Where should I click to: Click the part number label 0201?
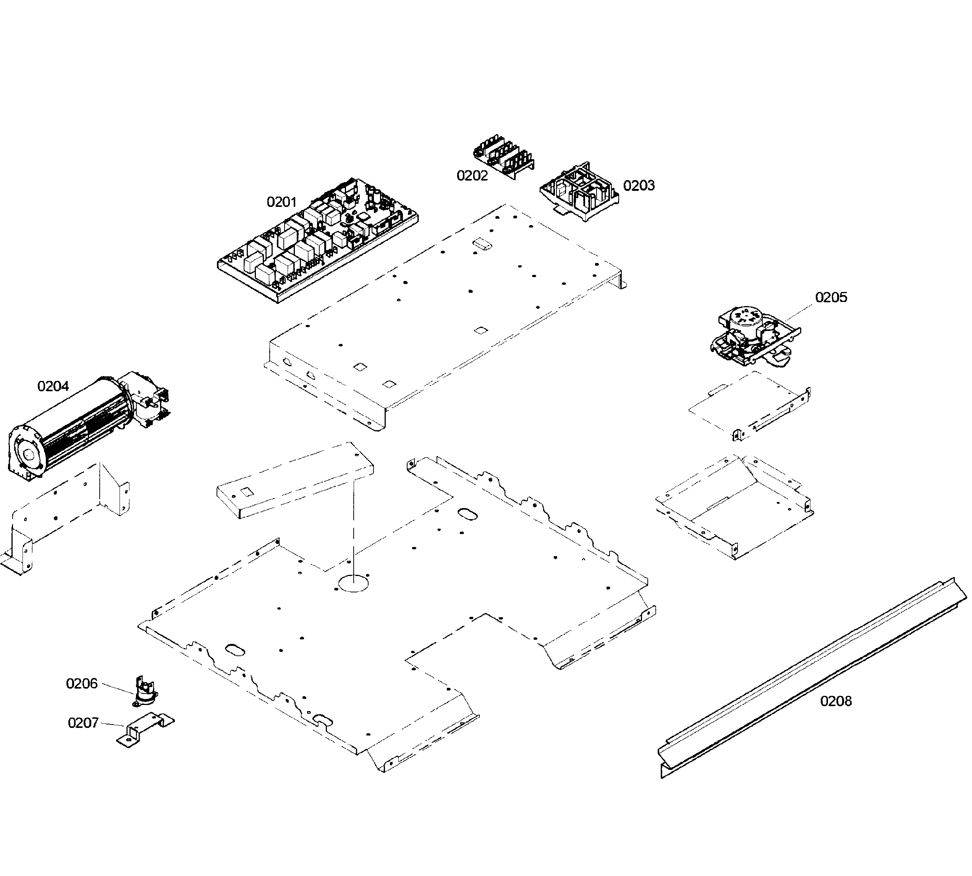tap(282, 202)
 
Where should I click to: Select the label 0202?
tap(472, 176)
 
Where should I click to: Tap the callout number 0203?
tap(639, 186)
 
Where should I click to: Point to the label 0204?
tap(53, 386)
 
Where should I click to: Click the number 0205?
tap(831, 297)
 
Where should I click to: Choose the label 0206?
tap(81, 684)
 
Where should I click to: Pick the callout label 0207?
tap(83, 723)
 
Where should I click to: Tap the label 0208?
tap(836, 701)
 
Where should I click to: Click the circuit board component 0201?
tap(318, 240)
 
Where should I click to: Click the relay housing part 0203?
tap(581, 192)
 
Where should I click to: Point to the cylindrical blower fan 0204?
tap(87, 424)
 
